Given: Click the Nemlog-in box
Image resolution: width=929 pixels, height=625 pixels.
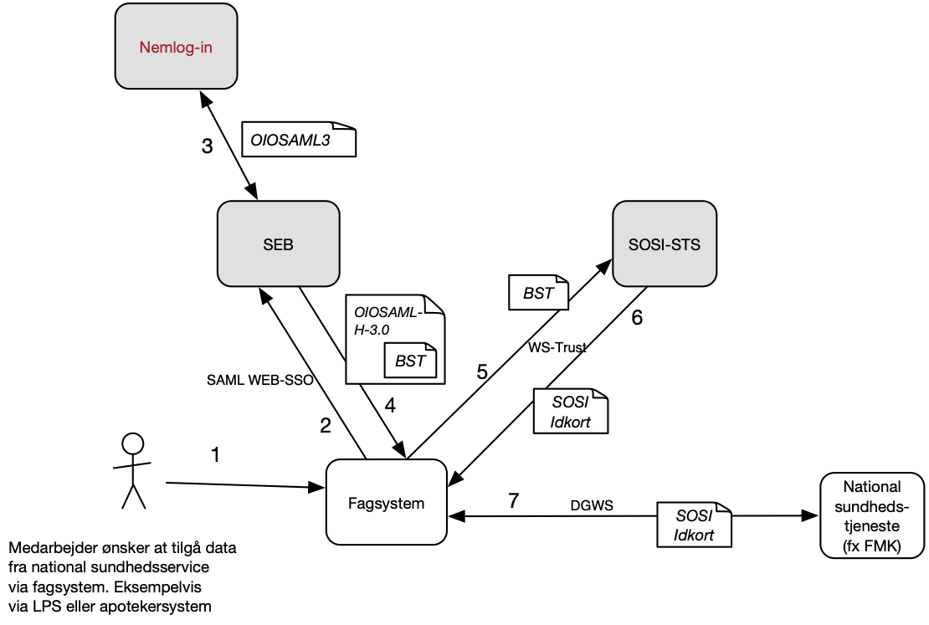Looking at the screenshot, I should (x=176, y=47).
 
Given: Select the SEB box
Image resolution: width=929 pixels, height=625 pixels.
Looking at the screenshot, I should (x=278, y=245).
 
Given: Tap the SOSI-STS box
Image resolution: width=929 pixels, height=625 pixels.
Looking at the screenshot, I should (x=665, y=245).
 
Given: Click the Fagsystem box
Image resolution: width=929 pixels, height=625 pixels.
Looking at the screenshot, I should (x=386, y=503).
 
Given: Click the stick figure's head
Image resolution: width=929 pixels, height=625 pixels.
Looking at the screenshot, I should (x=132, y=443).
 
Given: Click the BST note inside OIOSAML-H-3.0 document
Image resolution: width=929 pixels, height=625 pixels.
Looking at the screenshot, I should (x=410, y=361).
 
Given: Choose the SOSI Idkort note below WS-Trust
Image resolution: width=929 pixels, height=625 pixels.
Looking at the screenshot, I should (x=570, y=412).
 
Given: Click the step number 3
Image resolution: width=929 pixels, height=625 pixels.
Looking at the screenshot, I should (x=207, y=146).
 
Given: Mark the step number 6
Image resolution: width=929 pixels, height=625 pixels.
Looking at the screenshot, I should (x=637, y=319).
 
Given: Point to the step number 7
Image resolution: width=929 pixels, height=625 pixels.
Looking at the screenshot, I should (x=513, y=501).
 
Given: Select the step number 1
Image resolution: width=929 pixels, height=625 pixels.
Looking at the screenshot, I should (x=215, y=455).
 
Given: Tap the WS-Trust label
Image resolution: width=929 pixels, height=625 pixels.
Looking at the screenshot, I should (x=557, y=347).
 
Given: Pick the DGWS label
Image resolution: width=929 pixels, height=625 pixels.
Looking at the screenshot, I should (x=592, y=505).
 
